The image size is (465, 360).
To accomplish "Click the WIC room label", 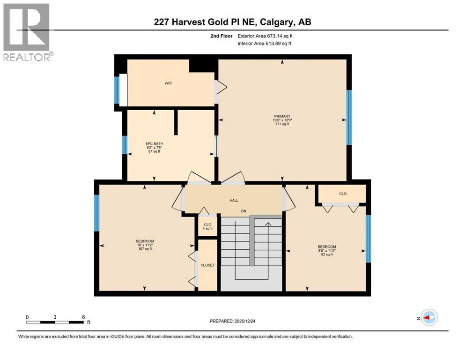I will pos(168,83).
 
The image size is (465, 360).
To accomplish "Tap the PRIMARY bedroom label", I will pos(282,116).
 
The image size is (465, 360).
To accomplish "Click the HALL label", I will pos(234,200).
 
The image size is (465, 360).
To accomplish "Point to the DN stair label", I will pos(244,211).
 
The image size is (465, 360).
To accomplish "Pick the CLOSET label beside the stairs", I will pos(207,265).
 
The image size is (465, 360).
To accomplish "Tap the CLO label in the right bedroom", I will pos(342,193).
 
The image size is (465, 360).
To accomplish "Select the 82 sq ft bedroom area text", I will pos(326,255).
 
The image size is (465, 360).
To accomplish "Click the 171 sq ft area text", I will pos(282,124).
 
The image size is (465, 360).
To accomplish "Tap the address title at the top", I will pos(232,22).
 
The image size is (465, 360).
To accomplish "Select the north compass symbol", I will pos(428,318).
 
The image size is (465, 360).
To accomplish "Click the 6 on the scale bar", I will pos(83,317).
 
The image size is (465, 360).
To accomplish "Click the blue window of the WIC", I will pos(117,90).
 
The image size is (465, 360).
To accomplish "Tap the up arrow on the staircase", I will pos(268,225).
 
